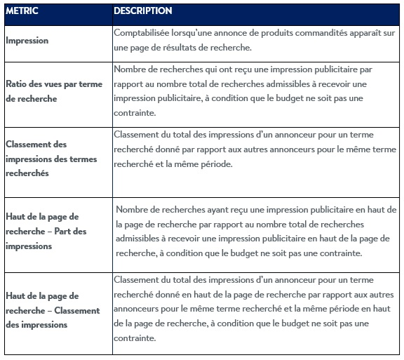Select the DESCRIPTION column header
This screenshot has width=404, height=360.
click(143, 11)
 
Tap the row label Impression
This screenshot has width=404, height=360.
click(27, 41)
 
